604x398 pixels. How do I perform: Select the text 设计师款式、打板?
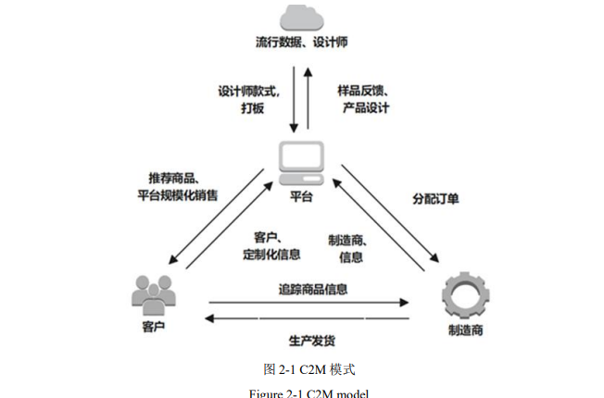point(248,99)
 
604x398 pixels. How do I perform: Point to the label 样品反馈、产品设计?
point(363,99)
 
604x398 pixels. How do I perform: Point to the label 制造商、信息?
point(346,248)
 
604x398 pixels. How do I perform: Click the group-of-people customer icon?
point(154,295)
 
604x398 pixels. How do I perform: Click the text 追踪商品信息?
point(313,289)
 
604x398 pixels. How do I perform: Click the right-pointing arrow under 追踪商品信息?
point(310,302)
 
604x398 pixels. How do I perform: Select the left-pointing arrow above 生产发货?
point(310,319)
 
